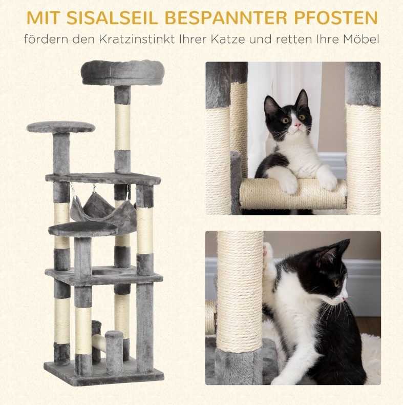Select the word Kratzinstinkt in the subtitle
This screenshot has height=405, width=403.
coord(137,39)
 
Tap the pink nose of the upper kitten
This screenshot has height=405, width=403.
coord(298,125)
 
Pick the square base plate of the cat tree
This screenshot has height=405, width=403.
coord(104,372)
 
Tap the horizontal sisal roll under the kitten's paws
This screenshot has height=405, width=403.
coord(293,194)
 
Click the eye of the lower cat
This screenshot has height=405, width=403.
coord(336,283)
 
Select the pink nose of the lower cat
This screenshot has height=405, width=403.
coord(345,298)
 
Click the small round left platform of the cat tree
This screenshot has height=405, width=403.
coord(61,127)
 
